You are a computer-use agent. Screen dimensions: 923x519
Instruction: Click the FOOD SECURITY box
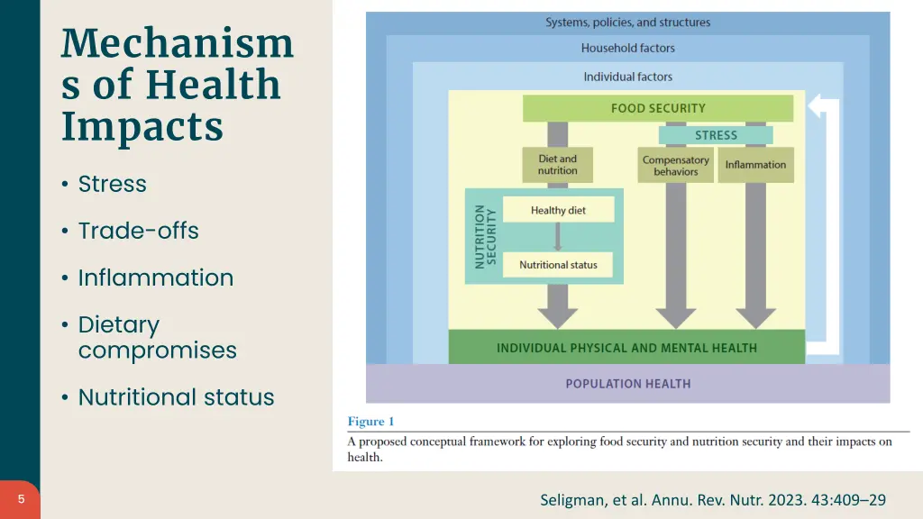click(x=658, y=108)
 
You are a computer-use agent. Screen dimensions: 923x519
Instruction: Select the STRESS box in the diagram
click(x=716, y=135)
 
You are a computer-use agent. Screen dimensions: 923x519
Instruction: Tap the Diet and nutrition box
click(x=558, y=165)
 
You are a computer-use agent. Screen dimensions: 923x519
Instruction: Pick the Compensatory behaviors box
click(x=675, y=166)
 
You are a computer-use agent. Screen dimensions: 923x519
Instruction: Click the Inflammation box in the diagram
click(x=755, y=165)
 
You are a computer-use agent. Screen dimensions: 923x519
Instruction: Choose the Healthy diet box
click(x=558, y=210)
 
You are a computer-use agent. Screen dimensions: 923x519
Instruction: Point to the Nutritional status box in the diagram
click(x=558, y=265)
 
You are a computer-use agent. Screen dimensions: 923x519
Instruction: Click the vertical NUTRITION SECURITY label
click(x=485, y=236)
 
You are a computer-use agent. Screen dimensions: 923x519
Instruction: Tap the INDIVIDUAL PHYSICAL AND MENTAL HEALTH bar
click(x=626, y=348)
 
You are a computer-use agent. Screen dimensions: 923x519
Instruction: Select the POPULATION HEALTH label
click(x=628, y=384)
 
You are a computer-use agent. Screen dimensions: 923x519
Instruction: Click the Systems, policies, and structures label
click(x=627, y=23)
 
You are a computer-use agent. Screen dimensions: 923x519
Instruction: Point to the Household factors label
click(x=627, y=49)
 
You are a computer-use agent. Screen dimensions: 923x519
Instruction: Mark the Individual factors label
click(x=627, y=77)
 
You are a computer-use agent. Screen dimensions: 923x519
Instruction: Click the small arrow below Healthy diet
click(x=558, y=237)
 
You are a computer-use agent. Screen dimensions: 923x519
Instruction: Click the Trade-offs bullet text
click(x=138, y=231)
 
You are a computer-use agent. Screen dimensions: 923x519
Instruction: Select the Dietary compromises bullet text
click(x=157, y=337)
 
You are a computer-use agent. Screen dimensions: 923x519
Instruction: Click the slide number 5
click(x=21, y=499)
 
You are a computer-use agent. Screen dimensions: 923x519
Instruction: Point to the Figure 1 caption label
click(x=371, y=422)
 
